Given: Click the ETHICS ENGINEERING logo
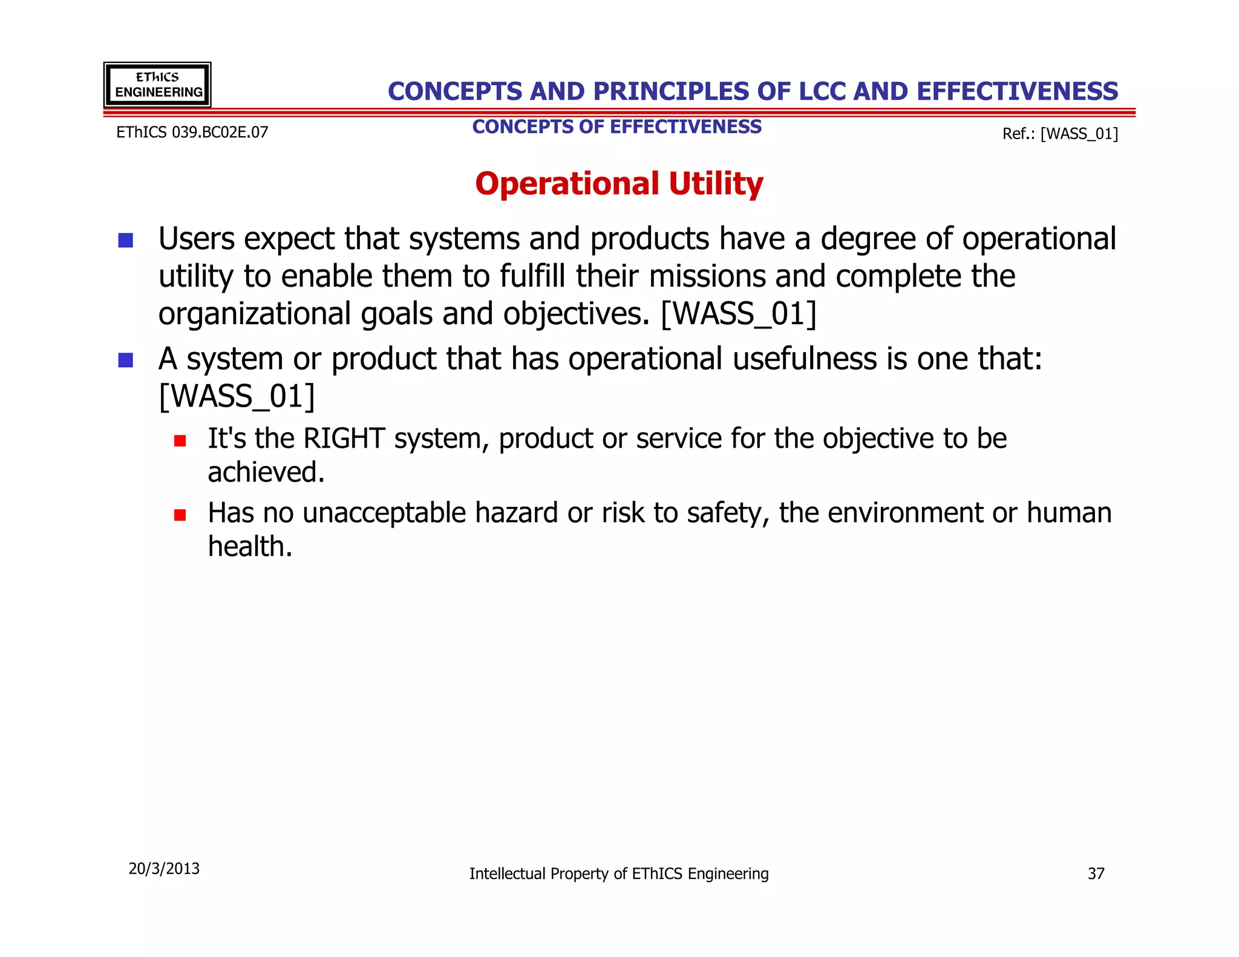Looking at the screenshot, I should coord(157,85).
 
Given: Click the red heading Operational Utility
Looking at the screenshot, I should coord(619,184).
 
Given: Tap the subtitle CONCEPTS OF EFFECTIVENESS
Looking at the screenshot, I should coord(616,127).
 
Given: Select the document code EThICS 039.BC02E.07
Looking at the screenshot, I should coord(192,132).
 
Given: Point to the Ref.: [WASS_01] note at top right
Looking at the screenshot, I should coord(1060,134).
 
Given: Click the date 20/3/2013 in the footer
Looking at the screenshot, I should coord(164,869).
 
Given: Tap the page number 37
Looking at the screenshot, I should coord(1096,874).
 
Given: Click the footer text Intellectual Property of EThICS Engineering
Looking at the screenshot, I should coord(619,874).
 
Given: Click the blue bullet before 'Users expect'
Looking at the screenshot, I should coord(126,240).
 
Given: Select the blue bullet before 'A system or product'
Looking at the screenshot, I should coord(126,360).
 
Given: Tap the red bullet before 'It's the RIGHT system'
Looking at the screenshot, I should coord(180,440).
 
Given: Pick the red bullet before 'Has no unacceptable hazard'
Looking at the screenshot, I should coord(180,515).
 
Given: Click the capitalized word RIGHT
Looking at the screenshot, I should coord(344,439).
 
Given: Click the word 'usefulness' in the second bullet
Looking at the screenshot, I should coord(805,359).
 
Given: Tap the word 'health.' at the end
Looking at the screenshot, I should coord(250,546).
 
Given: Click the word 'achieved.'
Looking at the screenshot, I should coord(266,472).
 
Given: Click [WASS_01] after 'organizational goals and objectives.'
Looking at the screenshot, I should coord(739,314).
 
